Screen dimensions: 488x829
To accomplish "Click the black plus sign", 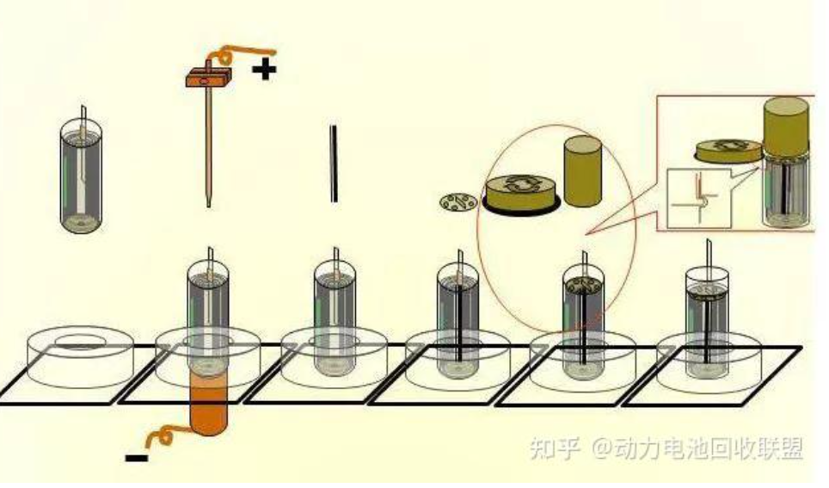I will (x=265, y=69).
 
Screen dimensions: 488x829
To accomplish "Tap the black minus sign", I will (x=136, y=458).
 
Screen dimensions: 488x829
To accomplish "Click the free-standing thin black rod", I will (x=334, y=164).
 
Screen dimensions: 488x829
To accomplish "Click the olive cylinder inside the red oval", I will (x=582, y=170).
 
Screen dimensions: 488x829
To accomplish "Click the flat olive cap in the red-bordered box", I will (x=728, y=151).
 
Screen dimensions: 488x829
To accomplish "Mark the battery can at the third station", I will (x=334, y=318).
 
